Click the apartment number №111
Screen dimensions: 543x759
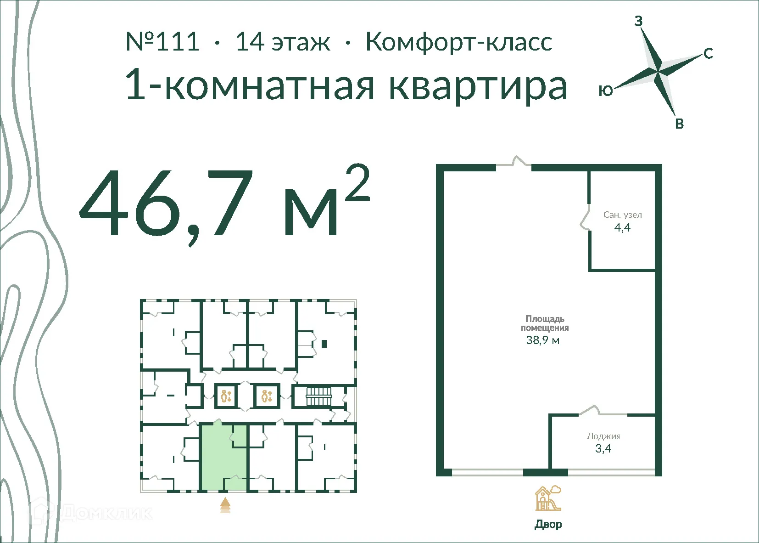coord(162,42)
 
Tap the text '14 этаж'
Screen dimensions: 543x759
coord(282,42)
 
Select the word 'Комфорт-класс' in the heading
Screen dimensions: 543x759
coord(458,42)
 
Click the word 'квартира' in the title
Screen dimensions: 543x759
coord(478,86)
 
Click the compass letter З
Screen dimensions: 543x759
coord(638,21)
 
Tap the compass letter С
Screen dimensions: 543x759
coord(708,54)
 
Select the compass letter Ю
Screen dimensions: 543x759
coord(606,91)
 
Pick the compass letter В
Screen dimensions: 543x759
coord(680,124)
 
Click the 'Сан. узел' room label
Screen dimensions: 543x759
coord(622,215)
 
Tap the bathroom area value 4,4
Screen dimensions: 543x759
coord(622,227)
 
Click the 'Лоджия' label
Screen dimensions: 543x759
coord(603,436)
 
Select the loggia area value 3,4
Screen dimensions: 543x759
coord(603,449)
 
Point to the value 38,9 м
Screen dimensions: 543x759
coord(542,340)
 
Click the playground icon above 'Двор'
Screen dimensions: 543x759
coord(547,498)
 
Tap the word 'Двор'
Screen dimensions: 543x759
coord(548,524)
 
